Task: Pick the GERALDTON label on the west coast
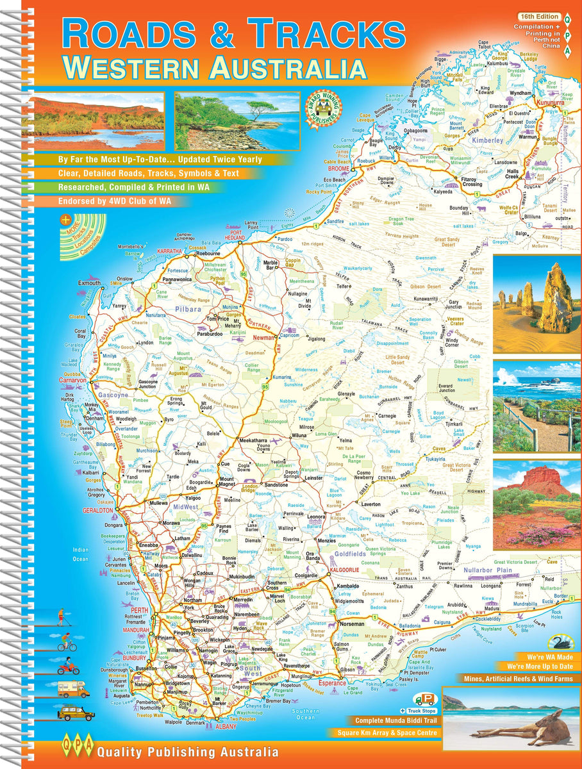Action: [97, 511]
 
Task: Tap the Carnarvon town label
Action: [71, 379]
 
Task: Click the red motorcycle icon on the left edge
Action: [69, 668]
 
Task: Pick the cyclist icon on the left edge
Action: [67, 645]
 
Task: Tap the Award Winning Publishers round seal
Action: [328, 105]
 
